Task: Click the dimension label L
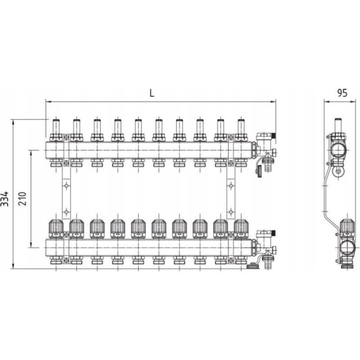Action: [152, 93]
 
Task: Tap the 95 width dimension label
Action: [342, 93]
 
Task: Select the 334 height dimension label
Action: [4, 198]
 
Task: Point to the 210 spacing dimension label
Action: [22, 198]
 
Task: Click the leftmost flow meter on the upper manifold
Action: [56, 130]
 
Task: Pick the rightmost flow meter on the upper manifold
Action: [241, 130]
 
